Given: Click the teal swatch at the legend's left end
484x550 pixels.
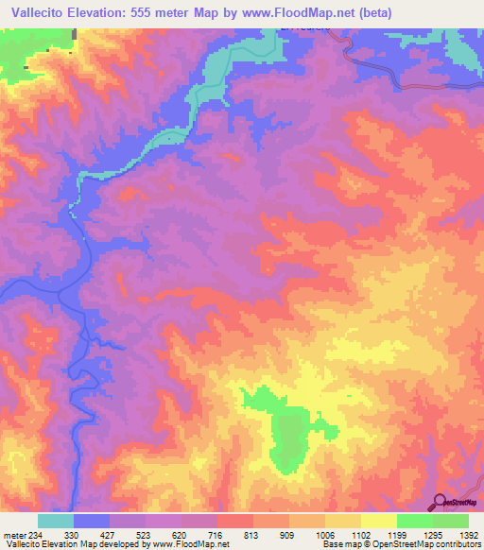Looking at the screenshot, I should coord(56,521).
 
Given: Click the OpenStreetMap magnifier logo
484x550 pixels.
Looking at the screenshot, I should coord(439,501).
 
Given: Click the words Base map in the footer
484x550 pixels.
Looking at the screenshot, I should coord(339,545).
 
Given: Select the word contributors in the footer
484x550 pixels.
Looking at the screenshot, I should coord(456,545).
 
